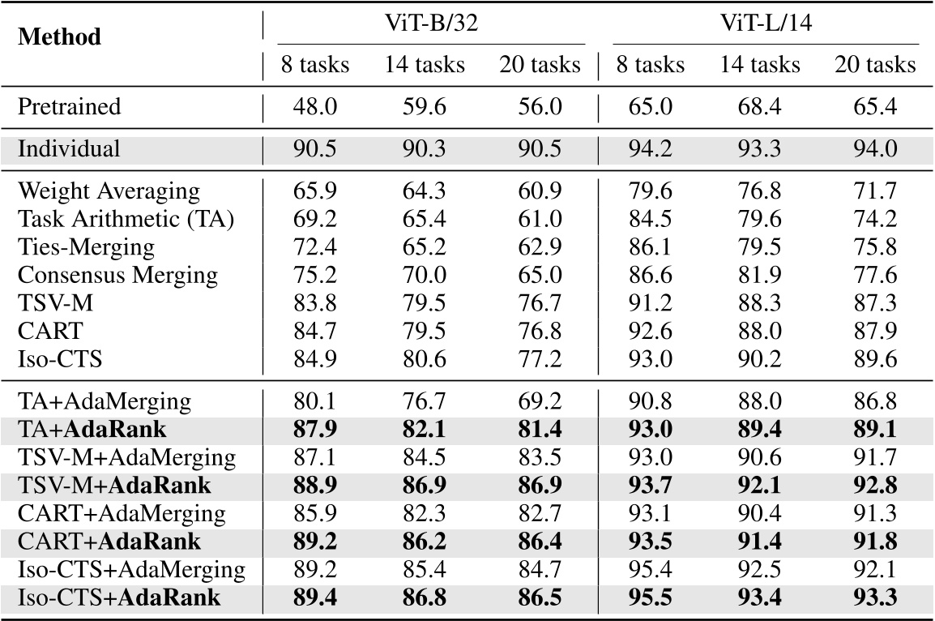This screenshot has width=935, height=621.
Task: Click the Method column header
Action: pyautogui.click(x=60, y=37)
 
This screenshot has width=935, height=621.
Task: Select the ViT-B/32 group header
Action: pyautogui.click(x=431, y=24)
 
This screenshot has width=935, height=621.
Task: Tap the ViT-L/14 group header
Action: pyautogui.click(x=766, y=24)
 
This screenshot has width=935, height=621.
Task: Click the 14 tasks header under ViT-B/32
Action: pyautogui.click(x=425, y=65)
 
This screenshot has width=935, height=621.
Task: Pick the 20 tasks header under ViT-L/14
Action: pyautogui.click(x=875, y=65)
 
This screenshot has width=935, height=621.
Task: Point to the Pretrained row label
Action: pyautogui.click(x=69, y=106)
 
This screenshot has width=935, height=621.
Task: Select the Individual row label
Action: pyautogui.click(x=69, y=149)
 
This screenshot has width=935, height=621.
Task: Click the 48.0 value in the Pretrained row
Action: pyautogui.click(x=315, y=106)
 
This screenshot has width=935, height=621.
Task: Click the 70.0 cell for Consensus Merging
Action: pyautogui.click(x=425, y=275)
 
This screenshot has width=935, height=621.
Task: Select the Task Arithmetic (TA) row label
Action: pyautogui.click(x=126, y=219)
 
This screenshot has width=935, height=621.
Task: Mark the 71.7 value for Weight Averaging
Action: pyautogui.click(x=875, y=192)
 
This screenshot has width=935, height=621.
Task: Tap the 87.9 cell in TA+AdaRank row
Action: pyautogui.click(x=315, y=430)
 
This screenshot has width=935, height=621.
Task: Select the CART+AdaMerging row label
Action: pyautogui.click(x=121, y=514)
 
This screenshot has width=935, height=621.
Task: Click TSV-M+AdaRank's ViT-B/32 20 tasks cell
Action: pyautogui.click(x=540, y=486)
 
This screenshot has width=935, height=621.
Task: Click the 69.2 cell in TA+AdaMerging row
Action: pyautogui.click(x=540, y=402)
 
